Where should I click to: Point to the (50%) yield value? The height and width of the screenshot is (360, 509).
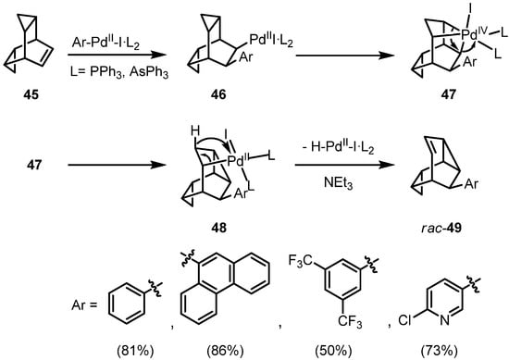click(325, 340)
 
